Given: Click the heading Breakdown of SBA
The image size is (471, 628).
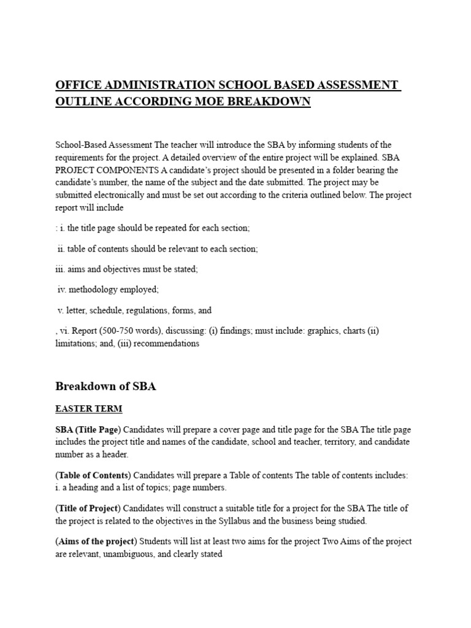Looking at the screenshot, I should (x=105, y=386).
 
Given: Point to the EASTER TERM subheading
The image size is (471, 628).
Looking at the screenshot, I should (x=88, y=409).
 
